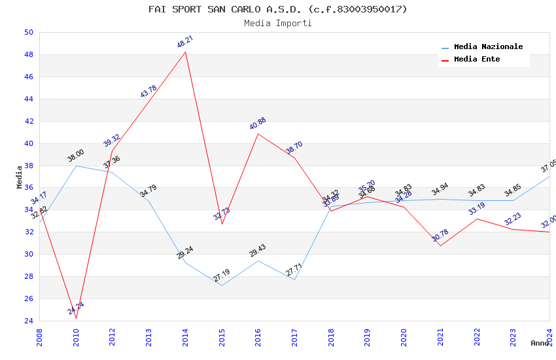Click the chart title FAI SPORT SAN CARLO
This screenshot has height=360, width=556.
point(277,9)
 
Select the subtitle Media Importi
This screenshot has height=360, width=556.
point(277,23)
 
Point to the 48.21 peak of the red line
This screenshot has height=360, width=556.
point(186,52)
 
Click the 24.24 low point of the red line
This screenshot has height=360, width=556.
point(76,318)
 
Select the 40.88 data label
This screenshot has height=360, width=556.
point(258,124)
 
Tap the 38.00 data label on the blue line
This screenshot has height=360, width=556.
point(76,156)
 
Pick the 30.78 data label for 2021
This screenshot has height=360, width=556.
point(440,236)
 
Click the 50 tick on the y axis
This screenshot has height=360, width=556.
point(28,33)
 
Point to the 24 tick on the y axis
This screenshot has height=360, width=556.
point(28,321)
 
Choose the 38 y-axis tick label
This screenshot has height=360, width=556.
point(28,166)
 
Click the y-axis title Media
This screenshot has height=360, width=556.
point(20,177)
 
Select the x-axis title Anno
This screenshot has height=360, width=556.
point(540,343)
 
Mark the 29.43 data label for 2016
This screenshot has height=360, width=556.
point(258,251)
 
